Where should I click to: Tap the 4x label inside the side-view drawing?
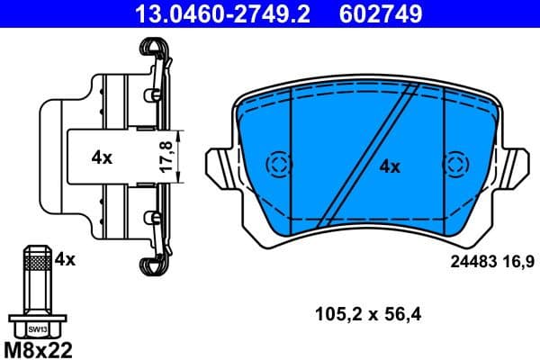coord(101,157)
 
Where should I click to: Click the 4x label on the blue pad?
coord(389,166)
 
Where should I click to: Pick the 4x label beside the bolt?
coord(64,259)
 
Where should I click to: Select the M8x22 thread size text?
coord(37,348)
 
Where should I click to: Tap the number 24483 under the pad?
coord(472,262)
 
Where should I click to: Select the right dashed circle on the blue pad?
coord(455,164)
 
